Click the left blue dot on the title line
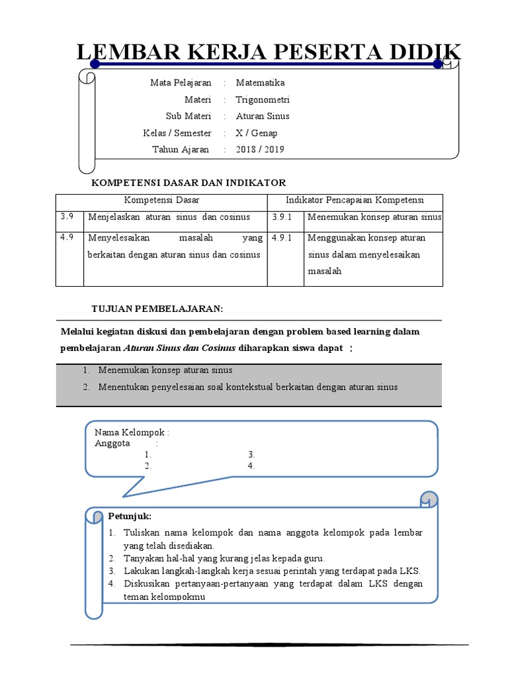tap(95, 64)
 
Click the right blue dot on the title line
tap(438, 64)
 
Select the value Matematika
tap(260, 83)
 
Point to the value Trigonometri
tap(263, 100)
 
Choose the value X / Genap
tap(257, 133)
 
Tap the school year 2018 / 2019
tap(259, 150)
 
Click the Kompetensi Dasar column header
tap(161, 200)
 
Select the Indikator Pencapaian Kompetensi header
tap(355, 200)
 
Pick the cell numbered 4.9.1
tap(282, 238)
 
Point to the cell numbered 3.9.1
tap(282, 217)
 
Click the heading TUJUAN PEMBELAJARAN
tap(157, 309)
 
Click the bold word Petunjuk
tap(130, 516)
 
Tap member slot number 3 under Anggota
tap(251, 455)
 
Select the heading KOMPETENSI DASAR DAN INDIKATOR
tap(188, 182)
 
